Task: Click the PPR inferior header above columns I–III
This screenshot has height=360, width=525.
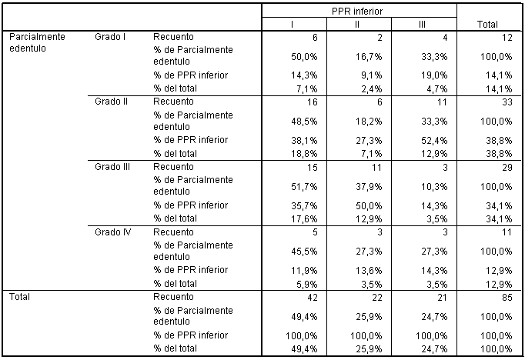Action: click(x=357, y=12)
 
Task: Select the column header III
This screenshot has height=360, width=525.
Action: click(x=422, y=25)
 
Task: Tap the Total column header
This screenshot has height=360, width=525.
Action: click(x=487, y=25)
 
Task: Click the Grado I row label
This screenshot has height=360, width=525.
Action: click(x=110, y=37)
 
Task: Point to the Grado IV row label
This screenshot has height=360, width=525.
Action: click(x=113, y=232)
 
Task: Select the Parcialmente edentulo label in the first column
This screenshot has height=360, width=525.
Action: click(x=37, y=42)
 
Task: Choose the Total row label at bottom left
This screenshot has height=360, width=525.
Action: click(x=19, y=297)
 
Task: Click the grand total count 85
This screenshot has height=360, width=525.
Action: click(x=507, y=297)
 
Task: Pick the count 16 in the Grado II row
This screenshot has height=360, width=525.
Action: click(x=312, y=102)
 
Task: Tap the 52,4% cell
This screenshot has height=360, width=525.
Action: click(x=434, y=141)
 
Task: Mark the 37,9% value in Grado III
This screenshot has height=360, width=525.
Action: click(x=369, y=186)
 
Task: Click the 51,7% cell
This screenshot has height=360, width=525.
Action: click(x=304, y=186)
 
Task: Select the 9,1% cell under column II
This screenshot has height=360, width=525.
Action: click(x=372, y=75)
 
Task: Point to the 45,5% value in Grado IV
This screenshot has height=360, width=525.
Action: click(x=304, y=252)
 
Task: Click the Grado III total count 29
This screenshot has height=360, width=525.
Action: click(x=507, y=167)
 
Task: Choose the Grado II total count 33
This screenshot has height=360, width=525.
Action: click(x=507, y=102)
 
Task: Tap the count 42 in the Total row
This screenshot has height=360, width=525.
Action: click(x=312, y=297)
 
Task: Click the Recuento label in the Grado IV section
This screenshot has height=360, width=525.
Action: click(x=173, y=232)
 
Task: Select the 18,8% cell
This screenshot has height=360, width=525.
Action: click(x=304, y=154)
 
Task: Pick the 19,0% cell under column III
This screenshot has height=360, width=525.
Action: click(x=434, y=75)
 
